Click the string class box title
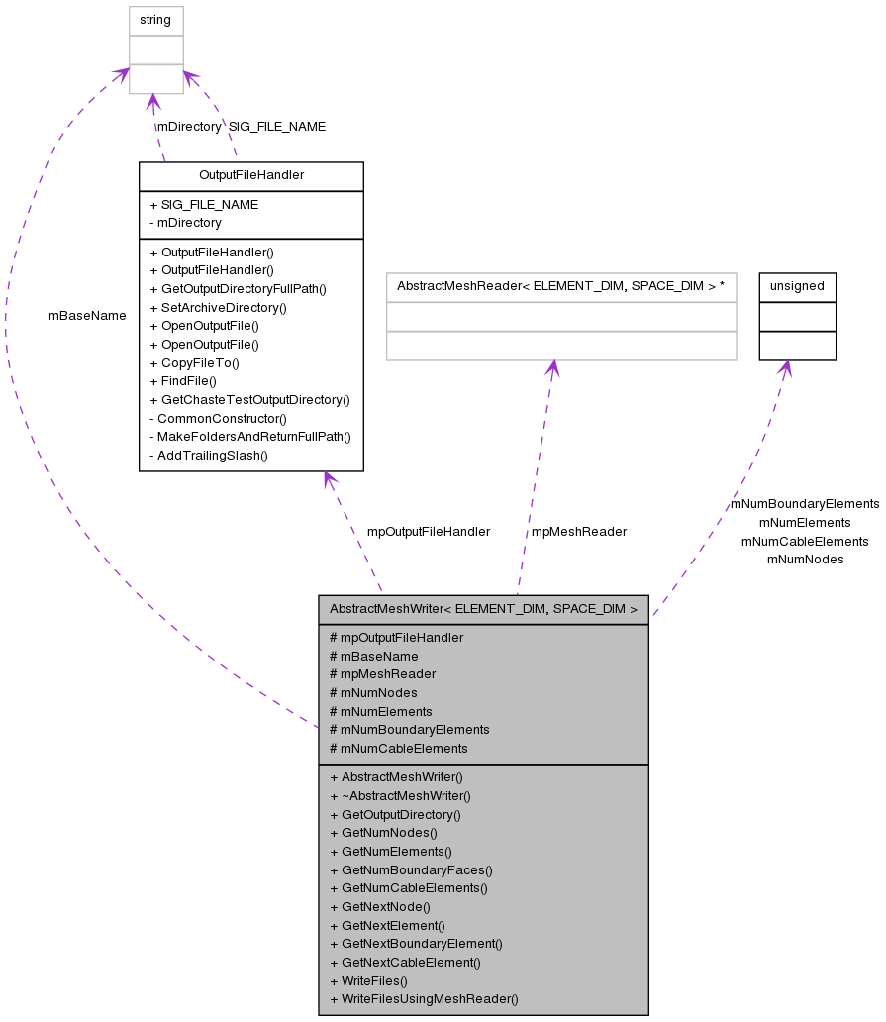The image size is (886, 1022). (x=155, y=20)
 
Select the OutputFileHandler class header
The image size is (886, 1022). (x=250, y=175)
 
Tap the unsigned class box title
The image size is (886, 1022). (x=797, y=286)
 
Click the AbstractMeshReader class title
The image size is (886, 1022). (x=560, y=286)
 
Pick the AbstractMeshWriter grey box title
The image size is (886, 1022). (x=483, y=609)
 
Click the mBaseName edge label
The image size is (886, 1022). (x=87, y=316)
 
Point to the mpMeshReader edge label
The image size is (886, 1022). (x=579, y=532)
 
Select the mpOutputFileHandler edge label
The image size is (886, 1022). (x=428, y=532)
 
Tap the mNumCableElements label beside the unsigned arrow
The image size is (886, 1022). (x=805, y=541)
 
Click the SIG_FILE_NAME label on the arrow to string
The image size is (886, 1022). (x=276, y=127)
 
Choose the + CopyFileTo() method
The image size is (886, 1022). (x=194, y=362)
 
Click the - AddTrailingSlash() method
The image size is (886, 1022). (x=208, y=456)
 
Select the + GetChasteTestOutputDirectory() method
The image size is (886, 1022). (x=249, y=400)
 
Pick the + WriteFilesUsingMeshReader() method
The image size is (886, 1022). (x=424, y=999)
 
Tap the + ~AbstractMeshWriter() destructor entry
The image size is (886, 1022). (x=400, y=795)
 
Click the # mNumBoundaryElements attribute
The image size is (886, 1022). (x=409, y=729)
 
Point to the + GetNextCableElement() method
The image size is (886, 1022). (x=405, y=962)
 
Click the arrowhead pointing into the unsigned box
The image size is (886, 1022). (x=784, y=367)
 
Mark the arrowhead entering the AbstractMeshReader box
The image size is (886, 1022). (x=552, y=367)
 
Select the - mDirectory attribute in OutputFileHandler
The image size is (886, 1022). (x=185, y=223)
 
